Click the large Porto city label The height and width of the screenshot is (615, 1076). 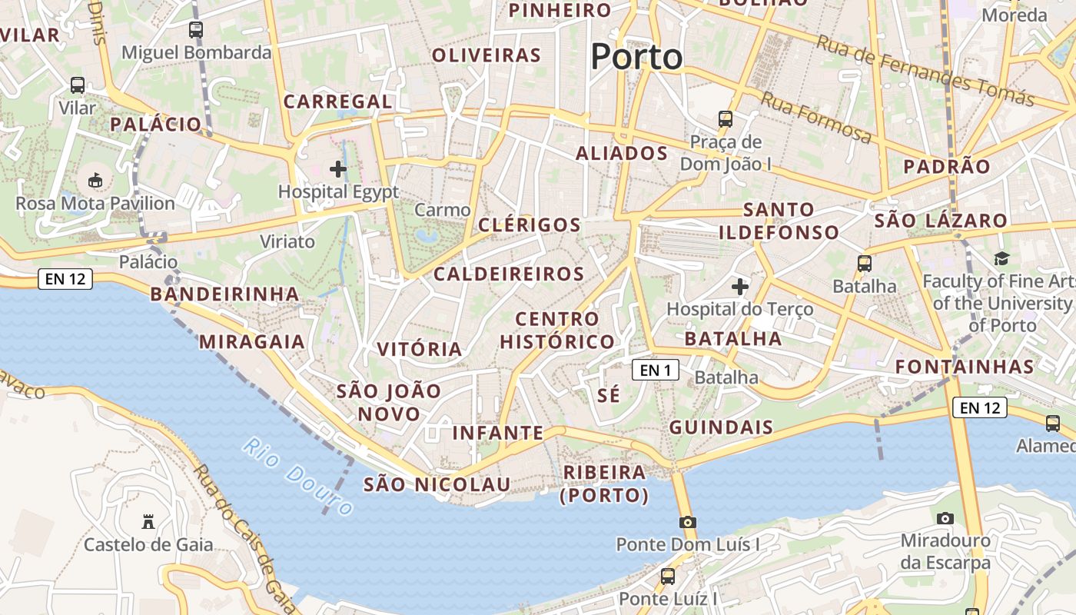pos(636,57)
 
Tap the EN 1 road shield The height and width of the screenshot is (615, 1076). pos(656,371)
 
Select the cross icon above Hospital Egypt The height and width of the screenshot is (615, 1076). pos(338,169)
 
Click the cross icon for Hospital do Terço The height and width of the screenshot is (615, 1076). pos(740,288)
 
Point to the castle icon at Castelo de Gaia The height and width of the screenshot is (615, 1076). pos(148,522)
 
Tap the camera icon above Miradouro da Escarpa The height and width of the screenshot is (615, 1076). pos(945,519)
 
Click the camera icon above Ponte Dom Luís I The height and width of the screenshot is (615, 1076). pos(688,523)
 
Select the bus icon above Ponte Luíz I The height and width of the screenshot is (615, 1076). pos(668,576)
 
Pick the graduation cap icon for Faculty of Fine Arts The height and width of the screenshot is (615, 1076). pos(1001,259)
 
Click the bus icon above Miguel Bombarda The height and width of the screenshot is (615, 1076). pos(196,30)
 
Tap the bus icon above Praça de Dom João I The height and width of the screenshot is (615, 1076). pos(726,119)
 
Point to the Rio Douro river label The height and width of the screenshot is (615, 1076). pos(298,477)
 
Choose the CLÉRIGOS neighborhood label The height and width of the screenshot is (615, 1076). pos(530,225)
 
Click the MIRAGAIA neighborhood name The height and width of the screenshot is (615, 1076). pos(252,342)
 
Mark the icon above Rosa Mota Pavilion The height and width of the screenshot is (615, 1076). pos(95,181)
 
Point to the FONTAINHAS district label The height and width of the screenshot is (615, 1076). pos(965,367)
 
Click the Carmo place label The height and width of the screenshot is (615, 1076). pos(442,210)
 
